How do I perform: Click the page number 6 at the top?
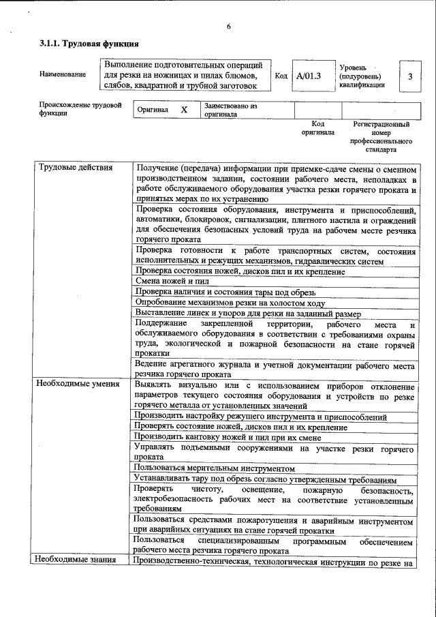(229, 27)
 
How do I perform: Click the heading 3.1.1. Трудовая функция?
(89, 44)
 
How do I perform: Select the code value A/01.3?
(309, 76)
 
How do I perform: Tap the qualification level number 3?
(410, 76)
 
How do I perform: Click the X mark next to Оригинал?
(184, 109)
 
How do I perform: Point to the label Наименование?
(63, 74)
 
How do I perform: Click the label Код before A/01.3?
(280, 76)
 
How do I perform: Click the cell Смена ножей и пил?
(172, 281)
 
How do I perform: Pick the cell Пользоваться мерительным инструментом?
(215, 468)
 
